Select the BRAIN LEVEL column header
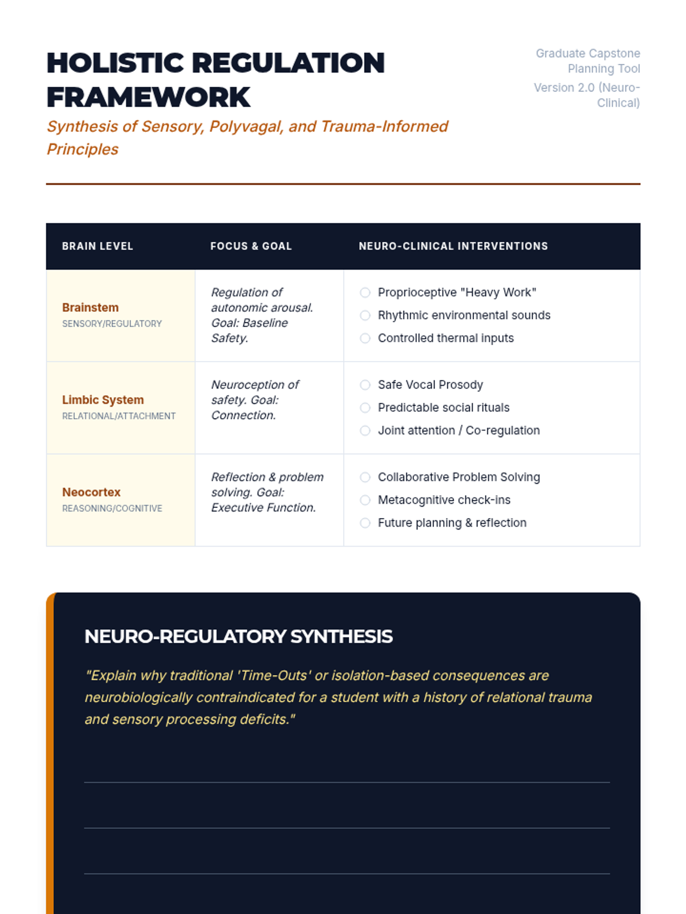[97, 246]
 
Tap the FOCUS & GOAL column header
[251, 246]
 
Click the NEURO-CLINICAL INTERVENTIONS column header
[453, 246]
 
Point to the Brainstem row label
[90, 307]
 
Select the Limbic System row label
[103, 400]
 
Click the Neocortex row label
[91, 492]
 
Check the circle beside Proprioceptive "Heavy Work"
[365, 292]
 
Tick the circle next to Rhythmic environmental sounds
[365, 315]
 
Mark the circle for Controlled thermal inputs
[365, 338]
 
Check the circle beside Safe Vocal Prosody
[365, 385]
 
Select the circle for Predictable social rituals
[365, 408]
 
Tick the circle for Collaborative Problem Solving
[365, 477]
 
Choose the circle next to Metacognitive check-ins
[365, 500]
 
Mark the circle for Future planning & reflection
[365, 523]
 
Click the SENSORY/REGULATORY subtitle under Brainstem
[112, 324]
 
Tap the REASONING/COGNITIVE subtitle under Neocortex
[112, 508]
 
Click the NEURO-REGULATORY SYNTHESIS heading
[238, 636]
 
